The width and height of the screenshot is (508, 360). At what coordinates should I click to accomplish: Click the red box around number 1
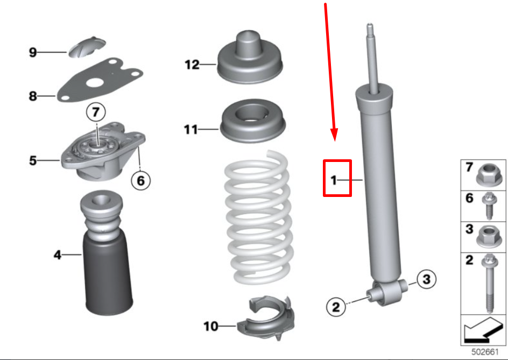click(x=337, y=178)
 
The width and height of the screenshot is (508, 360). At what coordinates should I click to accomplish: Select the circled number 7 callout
click(x=96, y=113)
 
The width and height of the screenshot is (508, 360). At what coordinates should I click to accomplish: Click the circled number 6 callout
click(x=140, y=180)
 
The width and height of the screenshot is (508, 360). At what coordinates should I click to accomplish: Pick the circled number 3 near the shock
click(x=426, y=279)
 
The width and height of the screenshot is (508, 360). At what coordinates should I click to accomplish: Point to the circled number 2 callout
click(x=336, y=307)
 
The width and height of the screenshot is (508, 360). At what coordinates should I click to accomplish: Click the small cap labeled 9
click(x=88, y=46)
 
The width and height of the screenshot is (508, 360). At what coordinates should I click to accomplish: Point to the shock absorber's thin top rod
click(x=371, y=54)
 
